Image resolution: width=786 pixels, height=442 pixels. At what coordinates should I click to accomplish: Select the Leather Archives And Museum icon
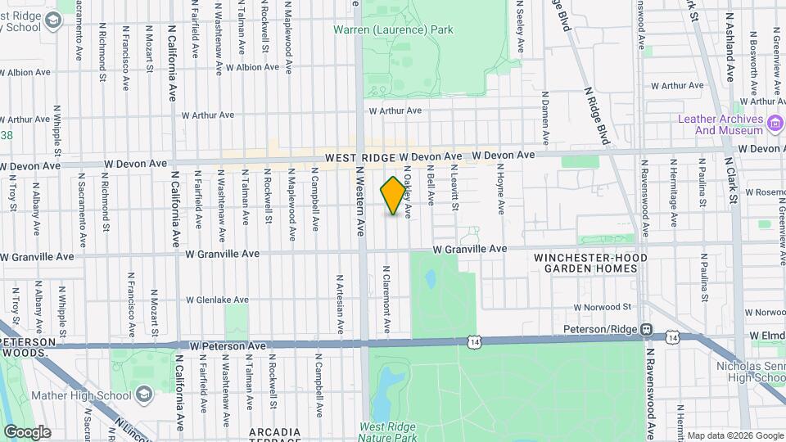click(x=775, y=124)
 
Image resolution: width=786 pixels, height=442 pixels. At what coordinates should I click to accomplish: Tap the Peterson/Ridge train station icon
click(x=647, y=330)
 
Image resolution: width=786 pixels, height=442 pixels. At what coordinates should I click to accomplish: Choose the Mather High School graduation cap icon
click(x=144, y=395)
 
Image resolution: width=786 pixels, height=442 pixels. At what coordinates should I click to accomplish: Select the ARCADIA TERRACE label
click(x=275, y=435)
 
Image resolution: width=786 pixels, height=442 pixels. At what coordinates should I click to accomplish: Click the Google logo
click(x=27, y=431)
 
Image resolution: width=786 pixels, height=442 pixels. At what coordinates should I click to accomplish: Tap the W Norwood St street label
click(x=603, y=308)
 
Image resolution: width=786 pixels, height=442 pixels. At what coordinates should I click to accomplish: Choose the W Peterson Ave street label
click(x=228, y=346)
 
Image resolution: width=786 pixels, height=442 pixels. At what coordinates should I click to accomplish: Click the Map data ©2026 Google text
click(x=734, y=435)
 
